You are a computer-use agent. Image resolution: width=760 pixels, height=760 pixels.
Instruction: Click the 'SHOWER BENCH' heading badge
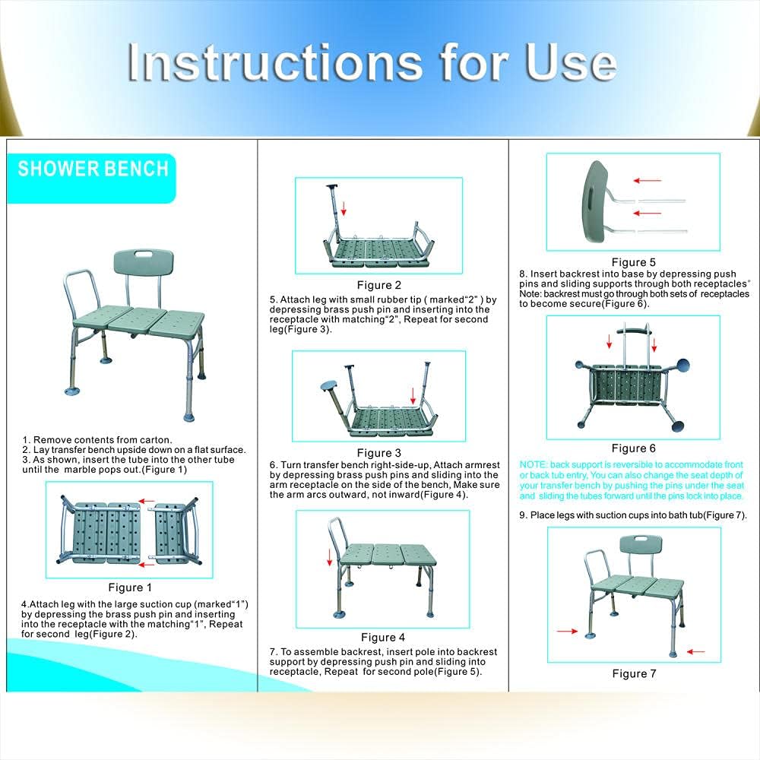(x=93, y=169)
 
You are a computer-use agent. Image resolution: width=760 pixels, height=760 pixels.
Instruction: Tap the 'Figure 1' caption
(x=130, y=587)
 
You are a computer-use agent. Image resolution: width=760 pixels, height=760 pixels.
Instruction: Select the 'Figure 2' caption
(x=378, y=285)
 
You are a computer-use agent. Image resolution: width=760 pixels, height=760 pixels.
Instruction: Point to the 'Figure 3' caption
(x=378, y=453)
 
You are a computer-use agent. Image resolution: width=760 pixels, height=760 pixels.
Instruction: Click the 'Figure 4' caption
(x=383, y=637)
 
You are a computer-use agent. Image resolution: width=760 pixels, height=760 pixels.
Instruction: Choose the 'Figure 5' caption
(x=633, y=262)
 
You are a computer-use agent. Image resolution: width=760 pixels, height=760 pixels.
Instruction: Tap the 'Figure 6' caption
(x=633, y=448)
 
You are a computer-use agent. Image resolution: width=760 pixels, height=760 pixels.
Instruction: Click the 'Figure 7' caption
(x=634, y=673)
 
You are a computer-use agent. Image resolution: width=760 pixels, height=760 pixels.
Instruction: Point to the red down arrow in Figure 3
(x=413, y=395)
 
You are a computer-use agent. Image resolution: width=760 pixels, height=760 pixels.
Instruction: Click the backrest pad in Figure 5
(x=595, y=201)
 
